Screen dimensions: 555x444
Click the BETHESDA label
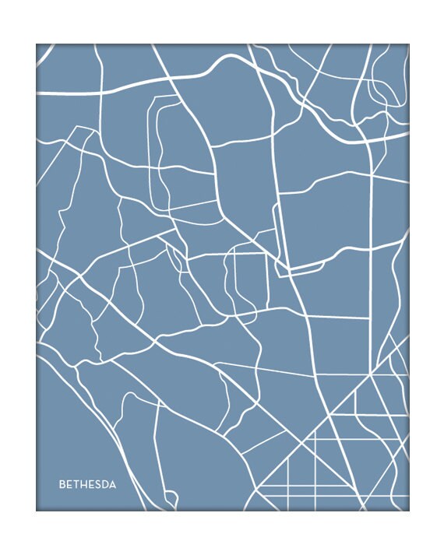tap(87, 484)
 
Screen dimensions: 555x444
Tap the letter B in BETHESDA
tap(62, 484)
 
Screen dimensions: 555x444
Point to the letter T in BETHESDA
tap(76, 484)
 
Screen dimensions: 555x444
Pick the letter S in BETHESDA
tap(98, 484)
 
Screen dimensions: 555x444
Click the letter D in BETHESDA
tap(105, 484)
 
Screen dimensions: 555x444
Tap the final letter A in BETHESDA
tap(113, 484)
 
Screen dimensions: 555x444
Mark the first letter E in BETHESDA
tap(69, 484)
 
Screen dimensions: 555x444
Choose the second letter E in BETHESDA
tap(91, 484)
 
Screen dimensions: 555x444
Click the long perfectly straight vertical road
tap(371, 234)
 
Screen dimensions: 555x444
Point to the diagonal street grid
tap(343, 451)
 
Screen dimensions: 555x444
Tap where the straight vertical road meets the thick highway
tap(370, 141)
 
